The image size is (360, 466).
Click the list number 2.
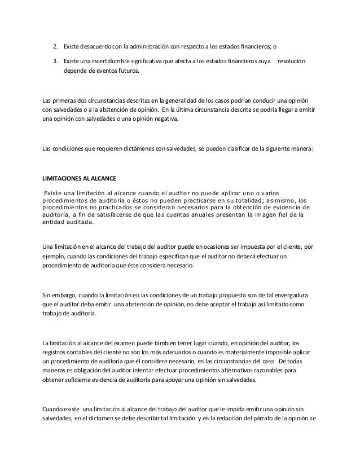[x=55, y=46]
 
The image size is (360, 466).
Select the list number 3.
[x=55, y=60]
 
